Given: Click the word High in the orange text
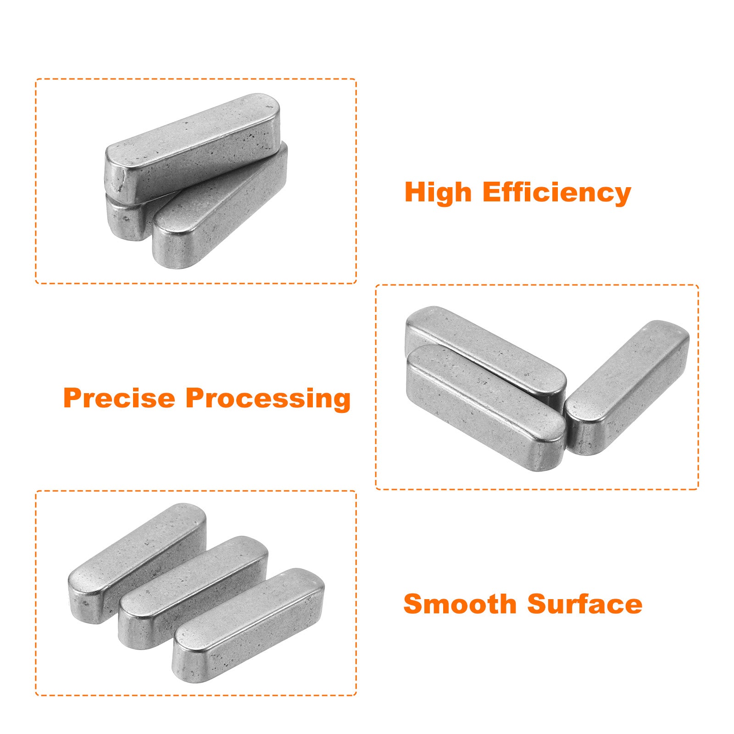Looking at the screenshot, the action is point(438,193).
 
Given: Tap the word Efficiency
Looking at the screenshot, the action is point(557,193).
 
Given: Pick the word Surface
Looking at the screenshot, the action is point(585,604).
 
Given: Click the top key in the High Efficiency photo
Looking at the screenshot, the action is point(193,147).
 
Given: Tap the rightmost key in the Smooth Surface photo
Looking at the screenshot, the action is point(248,625).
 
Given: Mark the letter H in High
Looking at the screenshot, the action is point(416,192).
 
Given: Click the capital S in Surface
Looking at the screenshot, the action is point(538,604).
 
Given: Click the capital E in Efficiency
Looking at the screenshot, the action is point(492,192).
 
